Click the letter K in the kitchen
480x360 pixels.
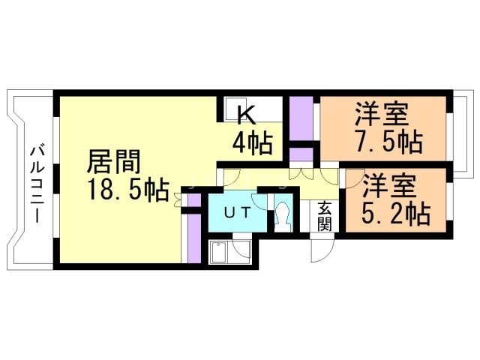246,115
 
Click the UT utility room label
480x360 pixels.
237,212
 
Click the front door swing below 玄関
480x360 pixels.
319,250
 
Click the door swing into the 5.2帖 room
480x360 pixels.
350,178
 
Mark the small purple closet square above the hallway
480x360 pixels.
301,154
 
